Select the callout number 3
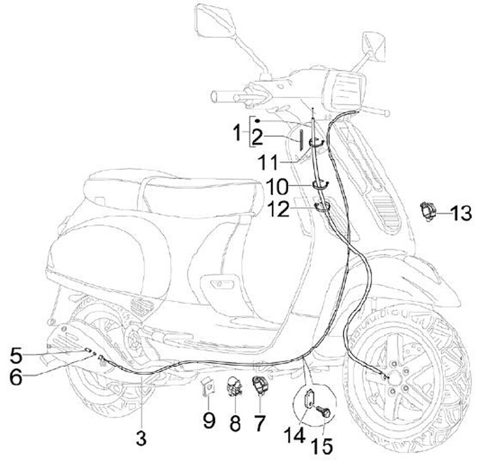(140, 437)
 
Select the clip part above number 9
(209, 388)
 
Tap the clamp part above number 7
(262, 385)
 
